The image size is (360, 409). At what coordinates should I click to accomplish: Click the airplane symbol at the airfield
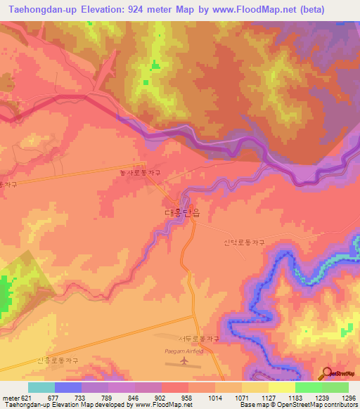click(x=184, y=361)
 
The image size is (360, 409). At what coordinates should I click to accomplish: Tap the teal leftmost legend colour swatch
click(x=41, y=387)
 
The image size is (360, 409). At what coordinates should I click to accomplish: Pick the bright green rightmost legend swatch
click(x=335, y=387)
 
